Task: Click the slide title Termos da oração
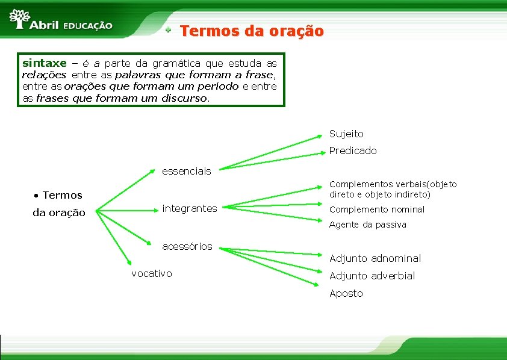[252, 31]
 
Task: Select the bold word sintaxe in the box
[44, 63]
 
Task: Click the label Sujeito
[346, 134]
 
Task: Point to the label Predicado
[353, 151]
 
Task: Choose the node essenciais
[187, 171]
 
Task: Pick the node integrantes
[190, 208]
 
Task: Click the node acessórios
[187, 246]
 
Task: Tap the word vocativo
[152, 273]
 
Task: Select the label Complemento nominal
[376, 209]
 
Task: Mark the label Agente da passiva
[367, 225]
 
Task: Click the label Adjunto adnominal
[375, 258]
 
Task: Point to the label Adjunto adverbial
[372, 276]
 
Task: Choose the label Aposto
[346, 293]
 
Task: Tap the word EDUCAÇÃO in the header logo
[88, 26]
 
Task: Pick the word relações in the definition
[44, 75]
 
